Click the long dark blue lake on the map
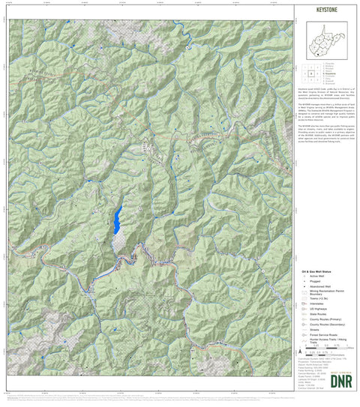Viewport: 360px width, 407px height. [118, 220]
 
